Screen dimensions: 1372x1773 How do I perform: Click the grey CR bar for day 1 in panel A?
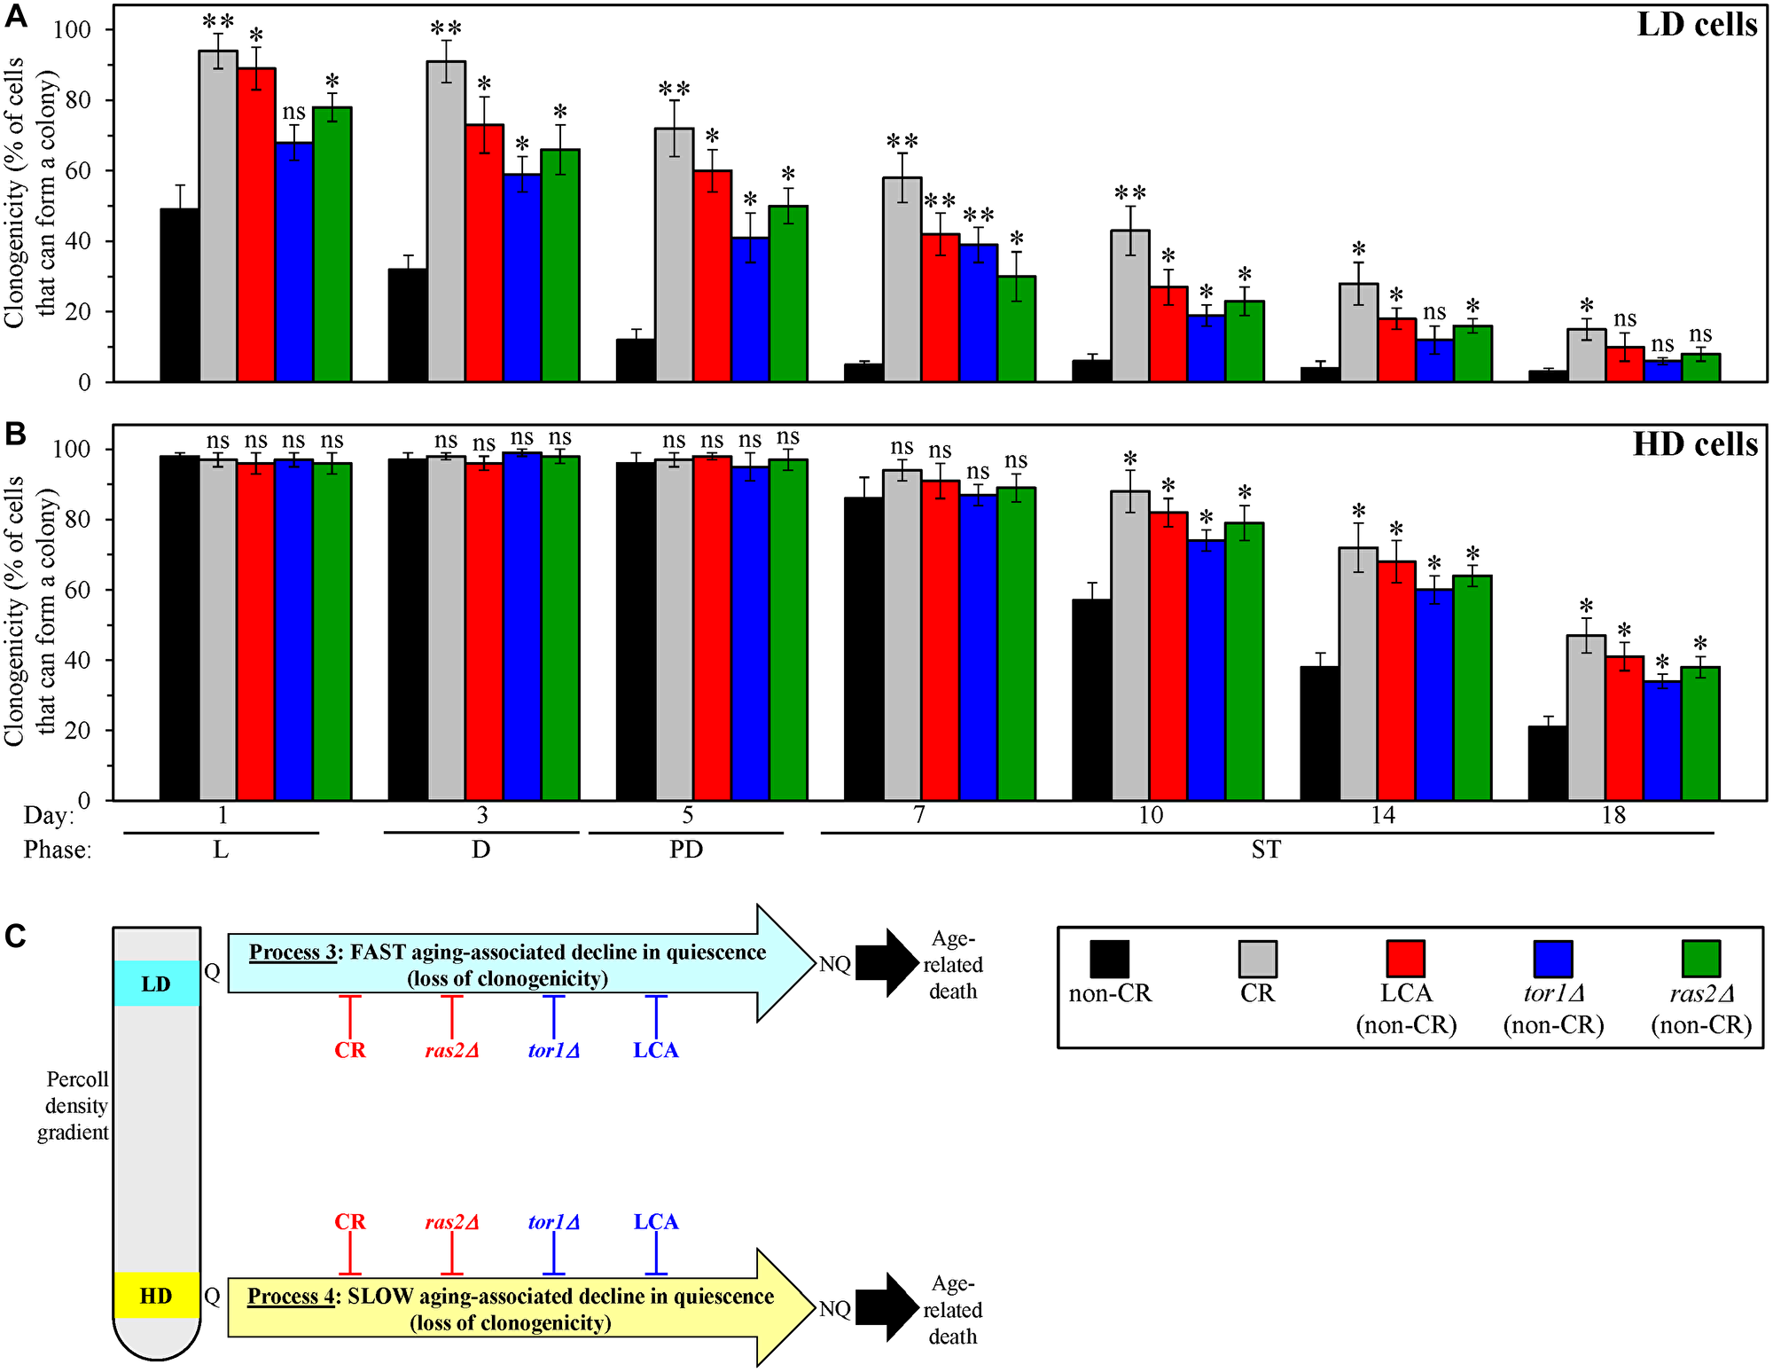click(x=218, y=217)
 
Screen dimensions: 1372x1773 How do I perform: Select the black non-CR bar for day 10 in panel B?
click(x=1091, y=701)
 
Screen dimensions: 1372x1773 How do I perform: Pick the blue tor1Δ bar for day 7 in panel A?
click(x=978, y=314)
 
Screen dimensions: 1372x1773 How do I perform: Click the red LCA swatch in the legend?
click(x=1405, y=959)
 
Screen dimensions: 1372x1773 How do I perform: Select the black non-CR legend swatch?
click(x=1109, y=959)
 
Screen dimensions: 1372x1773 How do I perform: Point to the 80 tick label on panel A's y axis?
click(x=73, y=100)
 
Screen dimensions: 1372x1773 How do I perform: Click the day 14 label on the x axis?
click(x=1383, y=815)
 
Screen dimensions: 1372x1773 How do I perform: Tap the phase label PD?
click(x=686, y=850)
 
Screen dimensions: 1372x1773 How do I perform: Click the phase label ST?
click(x=1266, y=850)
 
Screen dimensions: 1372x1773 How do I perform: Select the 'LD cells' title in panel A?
click(x=1697, y=25)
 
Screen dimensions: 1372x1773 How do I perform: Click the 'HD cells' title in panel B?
click(x=1695, y=443)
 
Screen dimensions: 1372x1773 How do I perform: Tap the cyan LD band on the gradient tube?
click(x=157, y=984)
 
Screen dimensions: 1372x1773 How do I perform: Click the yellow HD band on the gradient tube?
click(x=157, y=1296)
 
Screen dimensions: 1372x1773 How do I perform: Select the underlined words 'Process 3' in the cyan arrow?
click(x=293, y=953)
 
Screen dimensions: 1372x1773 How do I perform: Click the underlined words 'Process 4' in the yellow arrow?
click(x=291, y=1297)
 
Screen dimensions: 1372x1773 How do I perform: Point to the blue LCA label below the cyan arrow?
click(x=656, y=1050)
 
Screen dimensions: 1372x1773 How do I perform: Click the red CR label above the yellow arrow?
click(x=350, y=1222)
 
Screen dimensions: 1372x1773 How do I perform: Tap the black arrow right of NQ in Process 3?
click(x=887, y=963)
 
